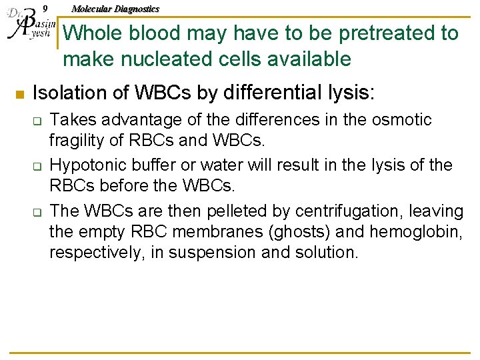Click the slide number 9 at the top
[45, 9]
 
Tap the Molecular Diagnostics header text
[115, 9]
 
